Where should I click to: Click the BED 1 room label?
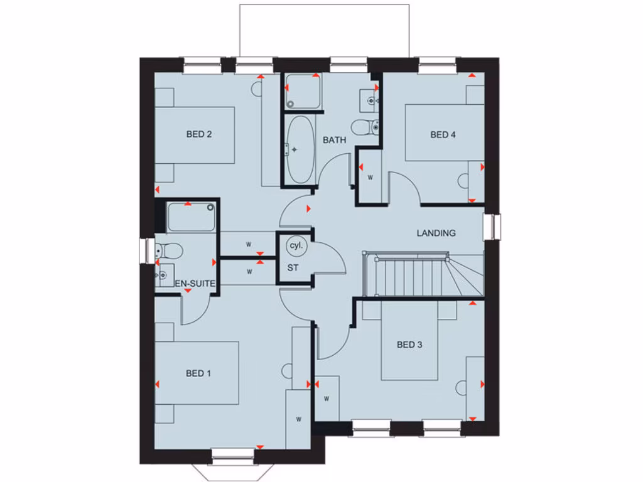coord(198,373)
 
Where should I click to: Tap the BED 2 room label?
coord(198,134)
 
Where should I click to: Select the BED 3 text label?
coord(409,345)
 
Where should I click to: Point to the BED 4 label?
coord(443,134)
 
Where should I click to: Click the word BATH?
coord(334,140)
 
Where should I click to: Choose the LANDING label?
coord(436,233)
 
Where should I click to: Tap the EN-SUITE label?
coord(195,284)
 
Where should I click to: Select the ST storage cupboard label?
coord(293,268)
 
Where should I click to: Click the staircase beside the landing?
coord(414,274)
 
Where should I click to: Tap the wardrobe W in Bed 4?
coord(370,178)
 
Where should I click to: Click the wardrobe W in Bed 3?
coord(327,398)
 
